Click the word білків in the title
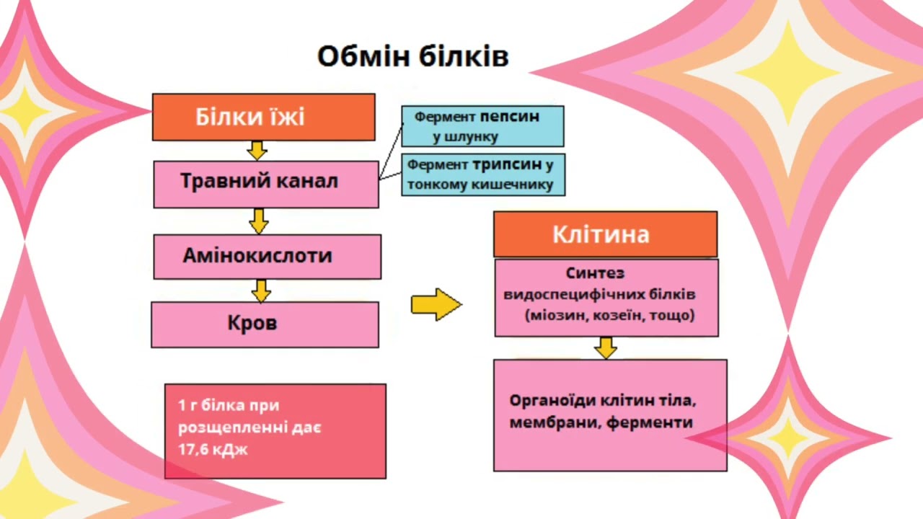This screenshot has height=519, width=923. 464,56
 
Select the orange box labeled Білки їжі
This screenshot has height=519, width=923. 264,117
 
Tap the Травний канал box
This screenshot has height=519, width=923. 266,184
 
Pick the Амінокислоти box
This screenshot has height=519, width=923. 268,257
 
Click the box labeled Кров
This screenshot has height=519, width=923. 265,324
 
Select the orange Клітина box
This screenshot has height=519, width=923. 605,234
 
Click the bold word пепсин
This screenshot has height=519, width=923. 510,117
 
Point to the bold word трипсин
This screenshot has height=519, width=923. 507,165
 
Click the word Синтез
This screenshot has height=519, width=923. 595,273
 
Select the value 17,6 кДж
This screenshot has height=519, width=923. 213,449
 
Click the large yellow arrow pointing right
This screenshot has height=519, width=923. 436,304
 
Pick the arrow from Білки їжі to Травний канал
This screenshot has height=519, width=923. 257,151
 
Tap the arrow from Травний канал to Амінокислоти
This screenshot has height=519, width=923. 259,221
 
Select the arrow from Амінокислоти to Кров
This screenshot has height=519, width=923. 261,290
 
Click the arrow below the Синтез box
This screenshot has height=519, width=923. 606,348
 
